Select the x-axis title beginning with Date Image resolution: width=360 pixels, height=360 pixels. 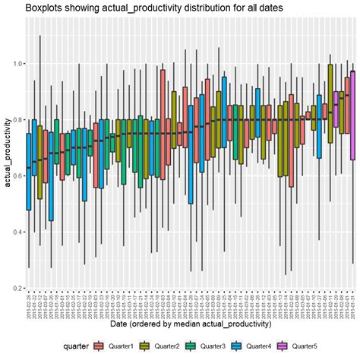[x=190, y=325]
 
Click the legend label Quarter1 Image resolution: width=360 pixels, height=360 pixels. [x=125, y=347]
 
